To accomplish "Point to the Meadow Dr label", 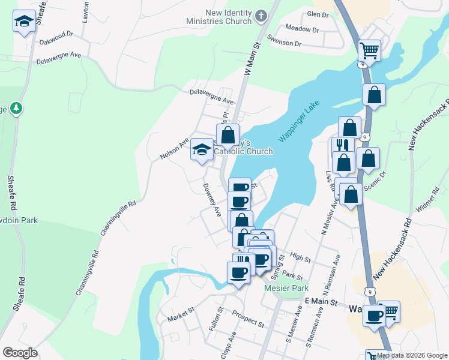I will point(302,28).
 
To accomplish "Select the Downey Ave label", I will point(212,200).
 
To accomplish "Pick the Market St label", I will point(182,314).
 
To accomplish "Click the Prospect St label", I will point(248,319).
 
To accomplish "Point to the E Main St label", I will point(321,301).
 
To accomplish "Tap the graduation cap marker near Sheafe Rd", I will point(23,22).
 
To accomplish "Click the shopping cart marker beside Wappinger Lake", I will point(369,50).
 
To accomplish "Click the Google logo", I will point(20,353).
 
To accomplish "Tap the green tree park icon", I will point(17,109).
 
